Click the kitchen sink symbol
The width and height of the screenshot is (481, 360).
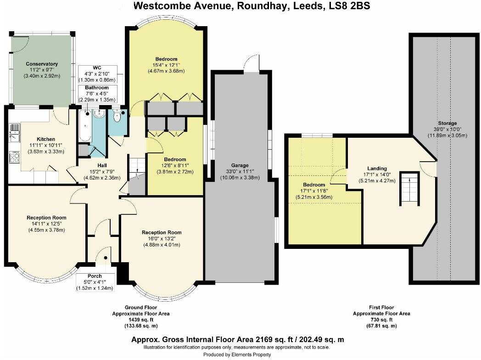tap(14, 133)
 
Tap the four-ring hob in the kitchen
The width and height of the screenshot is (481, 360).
tap(14, 157)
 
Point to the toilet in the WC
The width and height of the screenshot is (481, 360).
tap(117, 116)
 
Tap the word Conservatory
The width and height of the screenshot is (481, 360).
tap(42, 64)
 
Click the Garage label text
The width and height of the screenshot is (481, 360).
tap(240, 165)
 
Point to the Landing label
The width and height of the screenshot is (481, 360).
tap(377, 169)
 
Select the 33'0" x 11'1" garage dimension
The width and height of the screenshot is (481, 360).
tap(240, 171)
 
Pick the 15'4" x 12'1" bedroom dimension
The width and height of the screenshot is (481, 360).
tap(166, 65)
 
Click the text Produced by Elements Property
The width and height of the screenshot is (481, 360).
tap(237, 354)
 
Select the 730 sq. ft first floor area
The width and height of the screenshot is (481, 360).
tap(382, 320)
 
